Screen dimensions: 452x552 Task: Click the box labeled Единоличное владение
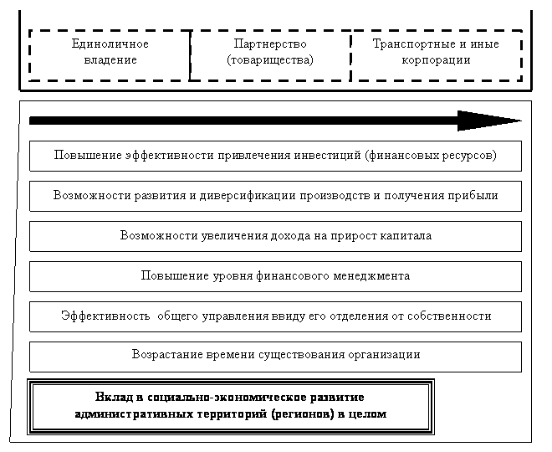click(110, 56)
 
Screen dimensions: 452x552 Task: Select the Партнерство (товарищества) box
click(270, 56)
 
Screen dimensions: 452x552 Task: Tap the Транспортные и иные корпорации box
click(436, 56)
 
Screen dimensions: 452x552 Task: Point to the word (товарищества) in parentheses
click(270, 60)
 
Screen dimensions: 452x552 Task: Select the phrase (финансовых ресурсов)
click(426, 156)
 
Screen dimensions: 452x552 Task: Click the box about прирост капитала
click(275, 236)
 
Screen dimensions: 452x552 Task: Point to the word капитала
click(406, 236)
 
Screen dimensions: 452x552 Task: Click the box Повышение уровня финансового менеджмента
click(275, 275)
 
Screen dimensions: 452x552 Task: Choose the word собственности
click(450, 316)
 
